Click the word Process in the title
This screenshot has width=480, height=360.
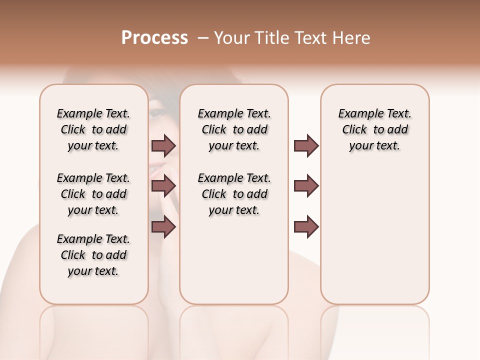point(154,38)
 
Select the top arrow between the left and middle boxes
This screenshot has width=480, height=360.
point(163,145)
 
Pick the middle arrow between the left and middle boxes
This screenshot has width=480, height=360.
point(163,186)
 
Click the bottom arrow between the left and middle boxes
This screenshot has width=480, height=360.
point(163,227)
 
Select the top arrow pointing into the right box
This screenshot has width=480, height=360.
point(306,145)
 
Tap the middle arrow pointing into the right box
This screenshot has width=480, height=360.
point(306,186)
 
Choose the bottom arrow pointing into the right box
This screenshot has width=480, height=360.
point(306,227)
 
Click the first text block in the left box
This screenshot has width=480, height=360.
point(93,129)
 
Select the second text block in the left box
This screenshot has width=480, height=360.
point(93,194)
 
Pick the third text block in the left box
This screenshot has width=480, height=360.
point(93,255)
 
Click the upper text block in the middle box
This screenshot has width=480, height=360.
point(234,129)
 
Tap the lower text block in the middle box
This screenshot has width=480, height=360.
point(234,194)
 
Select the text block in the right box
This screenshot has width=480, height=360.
point(375,129)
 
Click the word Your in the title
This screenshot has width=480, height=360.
point(231,38)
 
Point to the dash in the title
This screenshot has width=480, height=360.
point(203,38)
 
